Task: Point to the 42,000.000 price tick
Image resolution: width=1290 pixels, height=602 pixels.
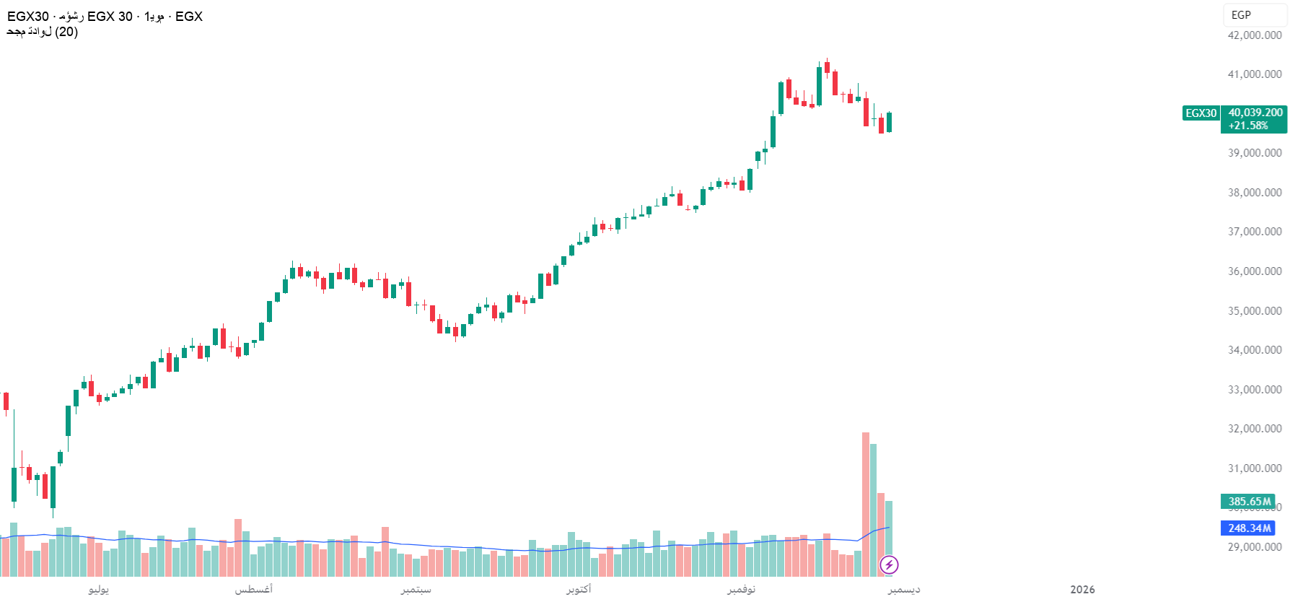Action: click(1255, 35)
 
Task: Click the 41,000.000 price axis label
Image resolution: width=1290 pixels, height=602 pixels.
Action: click(1255, 74)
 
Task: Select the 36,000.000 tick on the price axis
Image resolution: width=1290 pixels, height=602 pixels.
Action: click(1255, 271)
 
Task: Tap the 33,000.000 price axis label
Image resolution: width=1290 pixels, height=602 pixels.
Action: click(1255, 390)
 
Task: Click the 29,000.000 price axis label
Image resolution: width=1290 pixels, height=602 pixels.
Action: click(1255, 547)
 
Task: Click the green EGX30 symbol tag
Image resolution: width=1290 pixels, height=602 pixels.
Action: click(1201, 113)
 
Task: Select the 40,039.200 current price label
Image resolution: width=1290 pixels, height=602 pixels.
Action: click(1255, 113)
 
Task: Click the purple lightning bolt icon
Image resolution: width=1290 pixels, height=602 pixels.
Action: click(889, 564)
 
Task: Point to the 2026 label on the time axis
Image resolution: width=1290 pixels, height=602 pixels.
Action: click(1082, 590)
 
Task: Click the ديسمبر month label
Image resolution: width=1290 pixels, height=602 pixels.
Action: click(904, 590)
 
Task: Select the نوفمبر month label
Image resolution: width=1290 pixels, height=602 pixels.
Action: click(741, 590)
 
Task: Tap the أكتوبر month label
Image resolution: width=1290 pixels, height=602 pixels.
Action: click(579, 590)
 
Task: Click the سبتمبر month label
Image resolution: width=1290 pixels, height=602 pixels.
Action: click(416, 590)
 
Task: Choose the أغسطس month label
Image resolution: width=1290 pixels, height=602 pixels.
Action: click(253, 590)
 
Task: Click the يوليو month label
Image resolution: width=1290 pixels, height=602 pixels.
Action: click(99, 590)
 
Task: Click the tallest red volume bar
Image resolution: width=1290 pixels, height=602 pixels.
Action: click(866, 505)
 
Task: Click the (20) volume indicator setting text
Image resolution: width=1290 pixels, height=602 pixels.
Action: click(66, 32)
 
